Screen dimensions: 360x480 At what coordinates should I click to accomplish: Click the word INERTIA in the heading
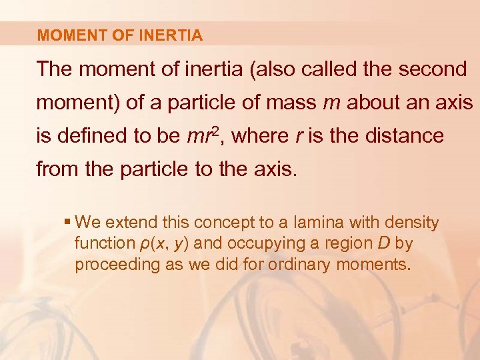172,36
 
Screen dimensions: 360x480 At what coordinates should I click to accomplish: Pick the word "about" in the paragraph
371,103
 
